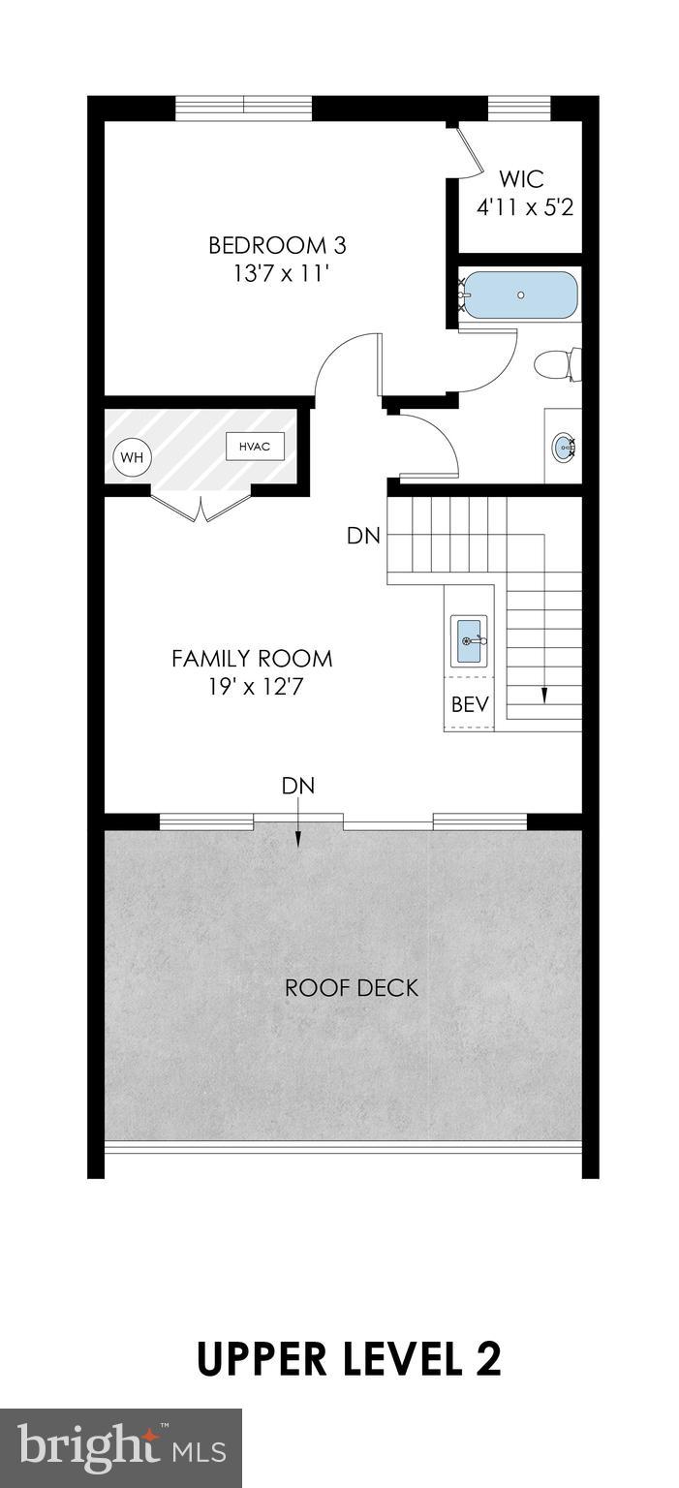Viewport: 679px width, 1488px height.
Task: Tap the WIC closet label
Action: [521, 179]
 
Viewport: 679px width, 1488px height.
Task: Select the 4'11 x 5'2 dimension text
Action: [526, 207]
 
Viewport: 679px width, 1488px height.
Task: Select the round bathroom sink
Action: [563, 447]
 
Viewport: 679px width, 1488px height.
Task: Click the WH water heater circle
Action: [131, 457]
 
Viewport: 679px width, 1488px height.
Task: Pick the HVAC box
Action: [255, 447]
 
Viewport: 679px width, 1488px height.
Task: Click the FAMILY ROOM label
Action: [252, 659]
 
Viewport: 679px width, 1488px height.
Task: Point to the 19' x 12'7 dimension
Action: [252, 688]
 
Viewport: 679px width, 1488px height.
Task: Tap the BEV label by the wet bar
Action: [469, 703]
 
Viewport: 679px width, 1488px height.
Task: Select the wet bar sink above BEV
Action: [469, 641]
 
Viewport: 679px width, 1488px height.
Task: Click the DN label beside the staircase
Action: [363, 536]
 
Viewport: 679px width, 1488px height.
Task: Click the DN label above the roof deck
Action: [298, 786]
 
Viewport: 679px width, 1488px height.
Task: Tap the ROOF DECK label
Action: [352, 988]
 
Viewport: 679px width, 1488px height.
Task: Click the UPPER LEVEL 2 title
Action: [349, 1359]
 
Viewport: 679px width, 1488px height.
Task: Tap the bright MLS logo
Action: [120, 1448]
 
